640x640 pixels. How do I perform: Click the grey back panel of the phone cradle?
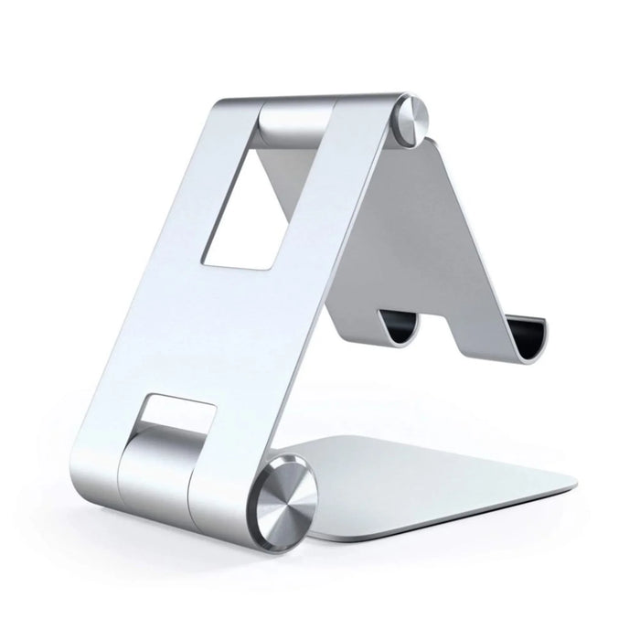(x=430, y=238)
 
